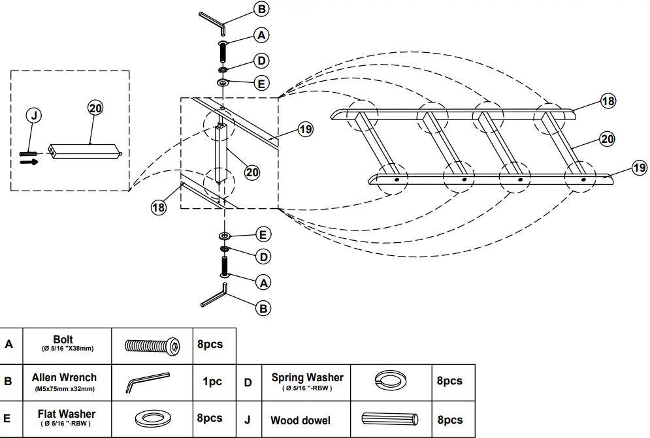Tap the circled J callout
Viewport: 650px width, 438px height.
pos(34,116)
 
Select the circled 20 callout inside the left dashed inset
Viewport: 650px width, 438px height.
pos(95,108)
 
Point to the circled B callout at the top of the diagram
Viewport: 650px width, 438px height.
pos(261,9)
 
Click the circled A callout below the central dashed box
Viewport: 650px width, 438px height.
pos(263,283)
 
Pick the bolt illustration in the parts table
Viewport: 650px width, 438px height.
pos(152,345)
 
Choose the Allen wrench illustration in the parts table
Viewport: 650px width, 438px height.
pos(147,382)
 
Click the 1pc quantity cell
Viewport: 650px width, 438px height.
pos(212,382)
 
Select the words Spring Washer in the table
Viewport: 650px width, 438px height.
pos(307,377)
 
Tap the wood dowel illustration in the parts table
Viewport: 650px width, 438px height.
pos(388,419)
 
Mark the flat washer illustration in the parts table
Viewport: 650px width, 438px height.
pos(152,418)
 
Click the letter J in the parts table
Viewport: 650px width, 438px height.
pos(248,420)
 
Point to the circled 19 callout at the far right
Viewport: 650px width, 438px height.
pos(639,168)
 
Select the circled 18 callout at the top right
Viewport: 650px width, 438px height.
pos(608,101)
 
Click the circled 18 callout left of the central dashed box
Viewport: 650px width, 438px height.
pos(159,208)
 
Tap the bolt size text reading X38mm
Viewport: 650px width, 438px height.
pos(80,349)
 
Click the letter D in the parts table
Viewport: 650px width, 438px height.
pos(248,382)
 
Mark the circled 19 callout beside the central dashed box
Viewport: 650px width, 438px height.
pos(305,129)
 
